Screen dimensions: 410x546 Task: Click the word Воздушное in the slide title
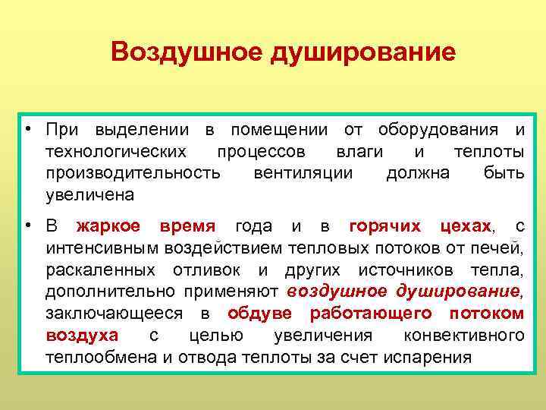181,53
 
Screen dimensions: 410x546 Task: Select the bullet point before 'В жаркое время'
27,225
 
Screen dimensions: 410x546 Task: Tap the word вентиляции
303,173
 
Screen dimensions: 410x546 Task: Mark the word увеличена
89,194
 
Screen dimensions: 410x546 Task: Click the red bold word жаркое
108,226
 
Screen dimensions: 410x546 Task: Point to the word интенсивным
99,248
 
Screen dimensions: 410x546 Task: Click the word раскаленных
96,270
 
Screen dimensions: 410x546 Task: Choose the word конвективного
464,336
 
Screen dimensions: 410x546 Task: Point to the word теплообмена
101,358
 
